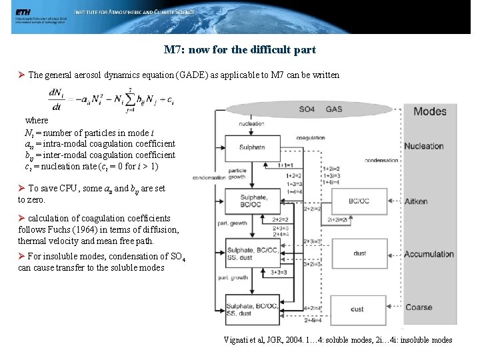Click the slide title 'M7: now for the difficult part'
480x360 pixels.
coord(239,50)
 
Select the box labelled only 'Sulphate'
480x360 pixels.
coord(252,147)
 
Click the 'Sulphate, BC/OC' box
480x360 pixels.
coord(252,200)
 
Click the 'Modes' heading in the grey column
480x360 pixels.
coord(430,111)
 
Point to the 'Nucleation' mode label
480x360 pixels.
coord(424,147)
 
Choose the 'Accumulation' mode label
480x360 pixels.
coord(429,254)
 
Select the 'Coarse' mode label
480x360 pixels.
coord(419,307)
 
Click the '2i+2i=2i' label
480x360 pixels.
coord(339,219)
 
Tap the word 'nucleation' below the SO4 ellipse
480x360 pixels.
coord(251,123)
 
